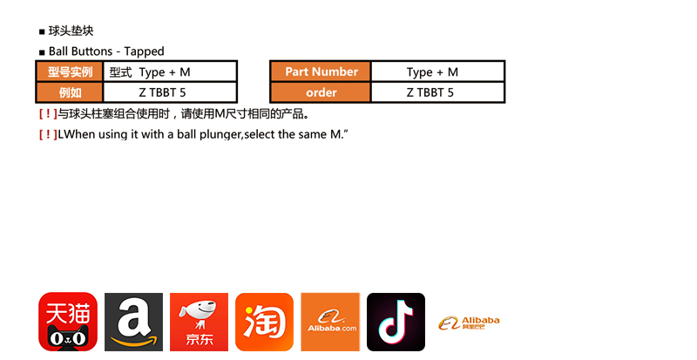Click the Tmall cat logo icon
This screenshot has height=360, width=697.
coord(68,322)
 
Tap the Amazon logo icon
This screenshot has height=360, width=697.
coord(134,322)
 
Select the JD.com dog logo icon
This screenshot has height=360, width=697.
coord(200,322)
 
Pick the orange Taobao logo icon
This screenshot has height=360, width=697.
coord(265,322)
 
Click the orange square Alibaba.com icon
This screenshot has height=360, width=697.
coord(330,322)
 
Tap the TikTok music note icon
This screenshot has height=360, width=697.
coord(396,322)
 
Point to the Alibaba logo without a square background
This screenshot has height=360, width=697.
coord(469,323)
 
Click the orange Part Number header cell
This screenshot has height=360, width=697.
coord(321,71)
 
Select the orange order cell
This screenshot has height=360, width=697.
coord(321,92)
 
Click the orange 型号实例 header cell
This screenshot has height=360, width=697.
coord(70,71)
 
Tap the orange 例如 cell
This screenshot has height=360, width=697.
coord(70,92)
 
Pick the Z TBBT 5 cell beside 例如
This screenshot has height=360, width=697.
coord(170,92)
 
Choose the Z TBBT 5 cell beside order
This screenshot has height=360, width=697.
coord(438,92)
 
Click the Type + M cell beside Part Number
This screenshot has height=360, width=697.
coord(438,71)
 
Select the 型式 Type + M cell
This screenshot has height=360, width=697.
coord(170,71)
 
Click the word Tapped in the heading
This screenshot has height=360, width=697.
coord(144,51)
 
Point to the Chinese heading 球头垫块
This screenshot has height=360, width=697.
coord(71,31)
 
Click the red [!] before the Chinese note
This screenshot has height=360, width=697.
coord(48,114)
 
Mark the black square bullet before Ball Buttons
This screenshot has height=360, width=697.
coord(42,52)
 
